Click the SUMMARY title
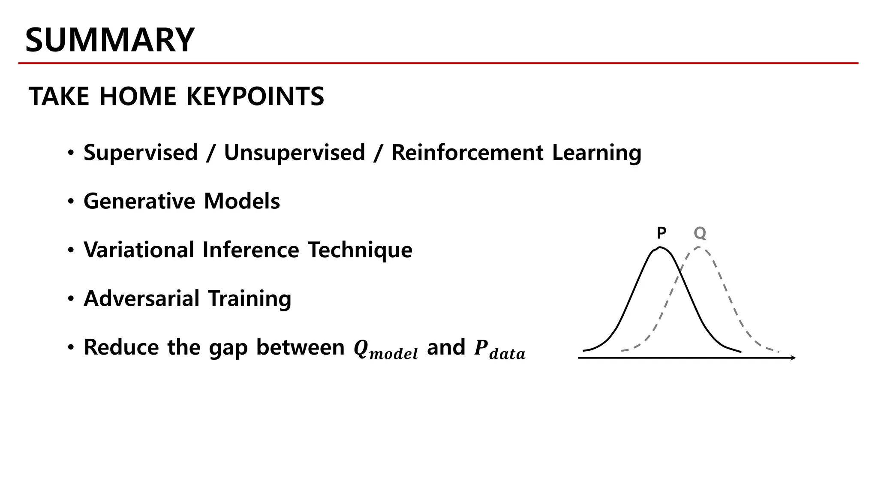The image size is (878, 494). [110, 40]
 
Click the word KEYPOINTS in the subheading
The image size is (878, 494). [255, 96]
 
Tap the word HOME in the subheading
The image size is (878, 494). [138, 96]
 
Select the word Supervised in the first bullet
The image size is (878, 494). [141, 153]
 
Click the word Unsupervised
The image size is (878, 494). [295, 153]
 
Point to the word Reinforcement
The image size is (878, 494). [467, 153]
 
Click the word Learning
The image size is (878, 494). [596, 154]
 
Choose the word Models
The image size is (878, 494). [242, 201]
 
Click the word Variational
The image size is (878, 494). [139, 250]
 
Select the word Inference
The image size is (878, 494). [250, 250]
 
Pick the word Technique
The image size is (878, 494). [360, 250]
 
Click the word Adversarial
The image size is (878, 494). [141, 298]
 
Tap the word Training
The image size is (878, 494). [250, 299]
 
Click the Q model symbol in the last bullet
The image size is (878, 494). [385, 349]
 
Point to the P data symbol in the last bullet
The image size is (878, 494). [499, 349]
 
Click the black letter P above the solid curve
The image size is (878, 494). [662, 233]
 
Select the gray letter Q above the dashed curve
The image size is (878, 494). [700, 233]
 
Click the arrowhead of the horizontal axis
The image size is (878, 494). [793, 358]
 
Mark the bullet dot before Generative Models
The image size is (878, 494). [71, 202]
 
